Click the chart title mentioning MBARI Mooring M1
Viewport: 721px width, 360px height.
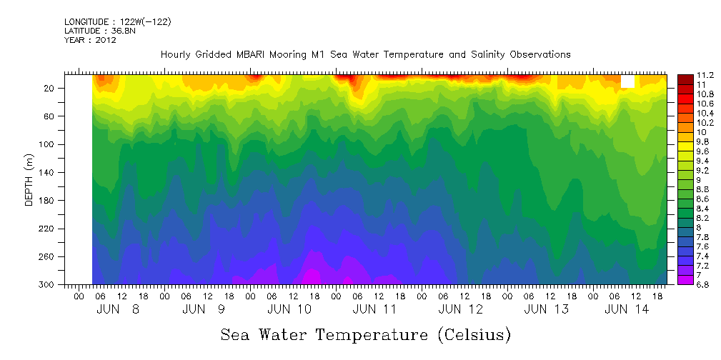[x=365, y=54]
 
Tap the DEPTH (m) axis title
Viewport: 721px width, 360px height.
[x=29, y=181]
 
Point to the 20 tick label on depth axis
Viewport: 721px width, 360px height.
[x=50, y=88]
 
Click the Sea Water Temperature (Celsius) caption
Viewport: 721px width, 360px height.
[x=365, y=334]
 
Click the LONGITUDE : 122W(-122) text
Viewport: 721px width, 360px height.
[x=117, y=22]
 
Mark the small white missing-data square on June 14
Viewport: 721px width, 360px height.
[x=627, y=81]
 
